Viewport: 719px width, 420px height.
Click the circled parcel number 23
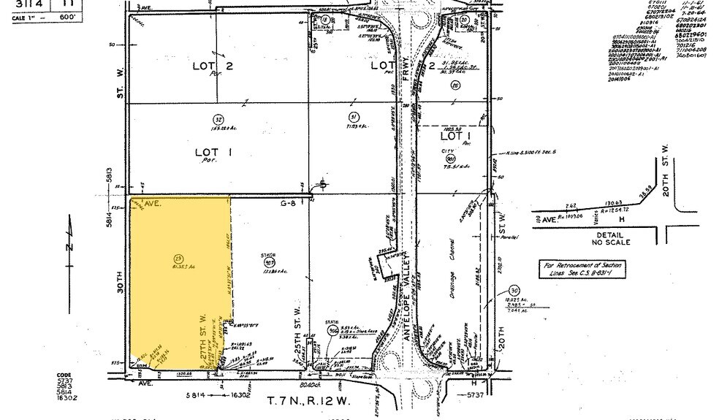[178, 258]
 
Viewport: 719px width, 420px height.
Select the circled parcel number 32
[218, 120]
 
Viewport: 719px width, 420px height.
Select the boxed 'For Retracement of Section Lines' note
[581, 268]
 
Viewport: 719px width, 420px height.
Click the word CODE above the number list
[65, 376]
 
